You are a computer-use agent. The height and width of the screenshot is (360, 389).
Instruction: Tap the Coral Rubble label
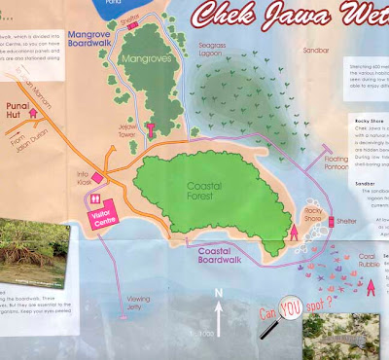[344, 261]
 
